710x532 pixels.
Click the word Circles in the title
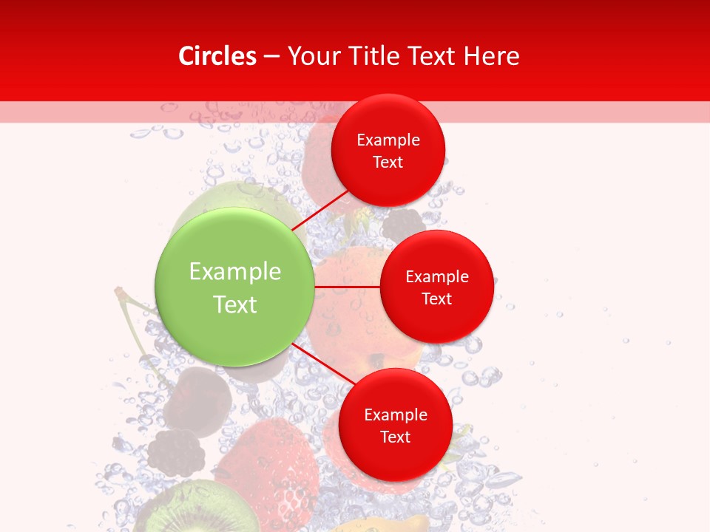click(x=217, y=56)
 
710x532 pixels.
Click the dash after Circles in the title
click(x=271, y=57)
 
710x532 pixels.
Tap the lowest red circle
click(x=395, y=458)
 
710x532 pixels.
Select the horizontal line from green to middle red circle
click(x=347, y=286)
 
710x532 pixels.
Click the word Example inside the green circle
click(x=235, y=272)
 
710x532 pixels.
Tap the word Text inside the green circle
click(x=235, y=304)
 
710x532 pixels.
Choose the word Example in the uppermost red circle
click(x=388, y=140)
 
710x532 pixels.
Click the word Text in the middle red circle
click(x=436, y=299)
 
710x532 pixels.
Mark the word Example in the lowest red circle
click(x=396, y=415)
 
